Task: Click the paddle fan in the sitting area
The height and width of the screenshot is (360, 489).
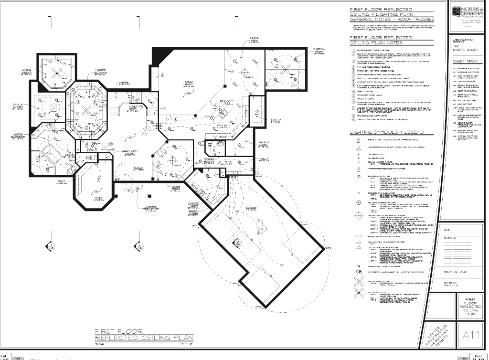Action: click(57, 72)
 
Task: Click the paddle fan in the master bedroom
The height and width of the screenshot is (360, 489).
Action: click(86, 109)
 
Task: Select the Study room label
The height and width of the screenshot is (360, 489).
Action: click(99, 199)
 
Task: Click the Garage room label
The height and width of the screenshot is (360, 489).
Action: click(251, 208)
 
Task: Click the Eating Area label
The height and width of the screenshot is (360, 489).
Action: click(254, 40)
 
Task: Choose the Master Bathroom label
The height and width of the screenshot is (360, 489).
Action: click(18, 136)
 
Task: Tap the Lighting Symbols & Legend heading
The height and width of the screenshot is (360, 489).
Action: click(387, 132)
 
